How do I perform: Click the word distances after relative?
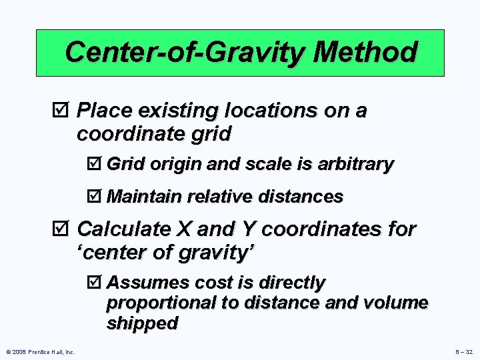click(x=302, y=197)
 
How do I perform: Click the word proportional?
click(x=161, y=303)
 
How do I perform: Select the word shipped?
click(x=142, y=323)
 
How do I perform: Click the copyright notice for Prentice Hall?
click(x=41, y=351)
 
